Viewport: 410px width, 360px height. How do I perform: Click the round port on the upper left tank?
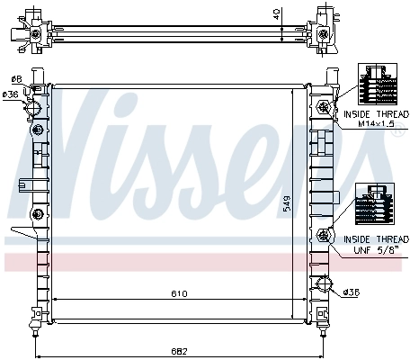[36, 109]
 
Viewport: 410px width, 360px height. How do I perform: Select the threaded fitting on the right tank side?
[322, 237]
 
